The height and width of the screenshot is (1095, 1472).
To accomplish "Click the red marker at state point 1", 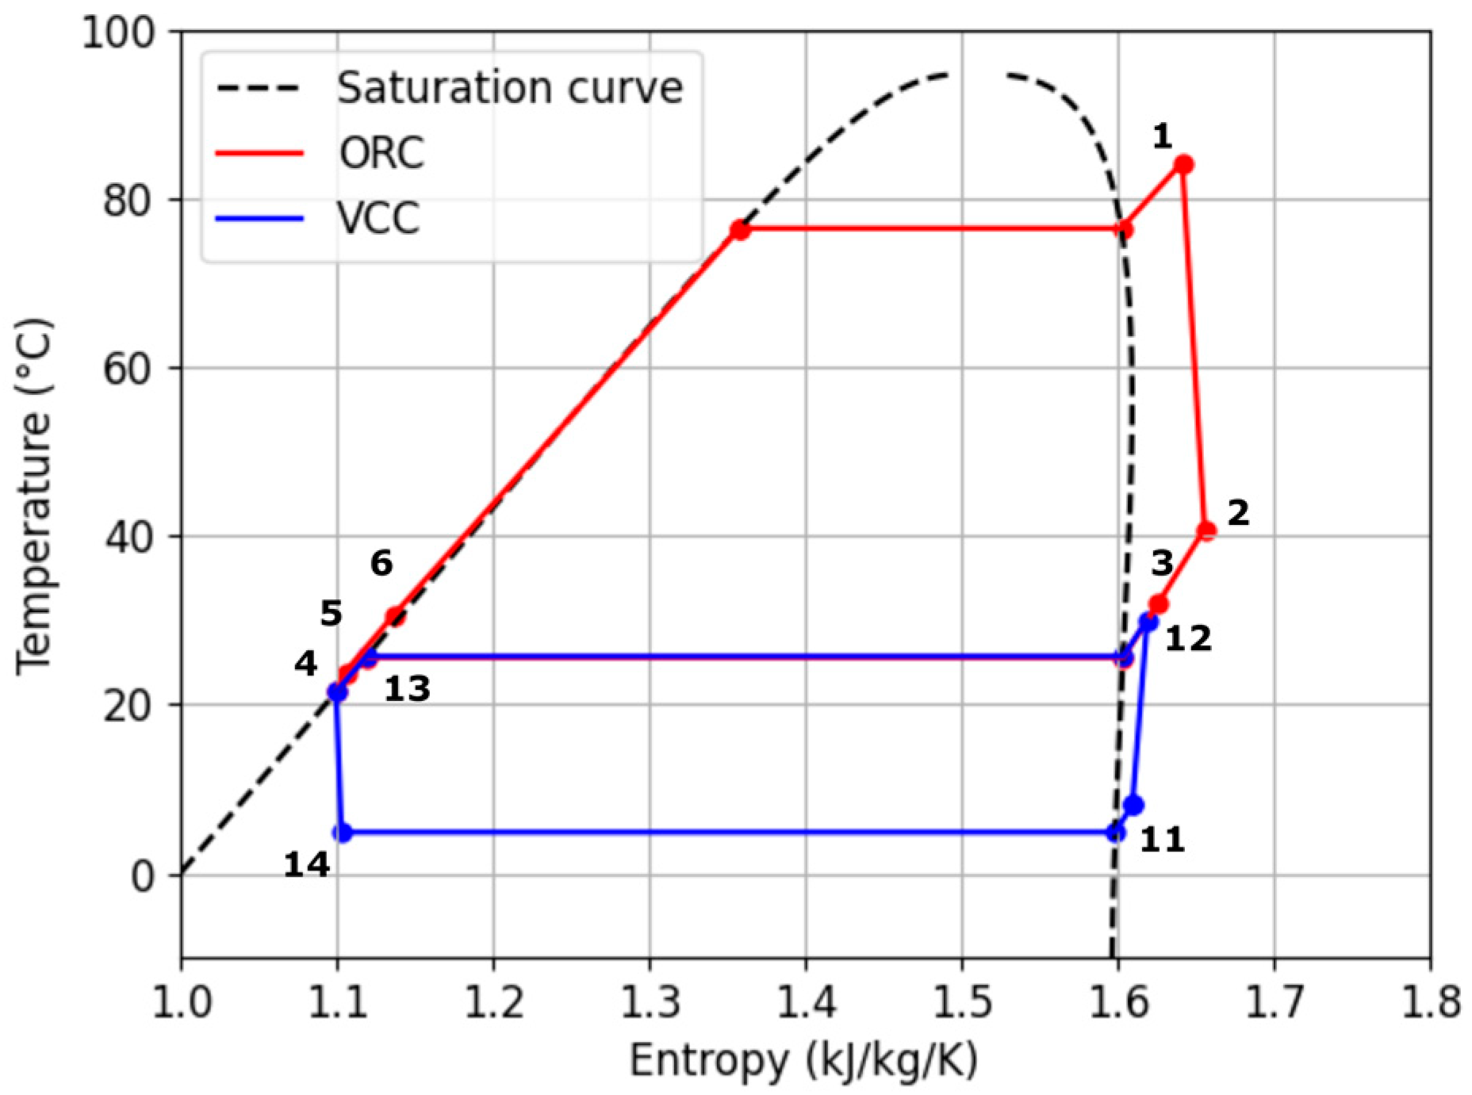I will point(1183,165).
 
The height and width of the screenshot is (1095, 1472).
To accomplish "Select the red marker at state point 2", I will point(1206,530).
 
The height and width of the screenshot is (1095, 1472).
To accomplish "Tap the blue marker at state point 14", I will point(342,833).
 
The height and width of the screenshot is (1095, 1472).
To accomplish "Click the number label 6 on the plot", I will point(381,564).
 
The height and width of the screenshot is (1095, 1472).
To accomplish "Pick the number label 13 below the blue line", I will point(407,690).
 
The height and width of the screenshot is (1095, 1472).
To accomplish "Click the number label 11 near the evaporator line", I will point(1163,840).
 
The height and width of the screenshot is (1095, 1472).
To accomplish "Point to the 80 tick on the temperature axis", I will point(130,200).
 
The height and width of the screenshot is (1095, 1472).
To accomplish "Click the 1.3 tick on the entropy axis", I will point(650,1002).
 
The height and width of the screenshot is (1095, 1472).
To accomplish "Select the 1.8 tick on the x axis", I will point(1430,1002).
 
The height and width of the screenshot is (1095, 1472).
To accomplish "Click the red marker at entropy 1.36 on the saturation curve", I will point(740,230).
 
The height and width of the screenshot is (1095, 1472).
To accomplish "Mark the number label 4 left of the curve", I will point(305,664).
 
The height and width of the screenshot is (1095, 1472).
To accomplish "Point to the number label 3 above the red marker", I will point(1162,564).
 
